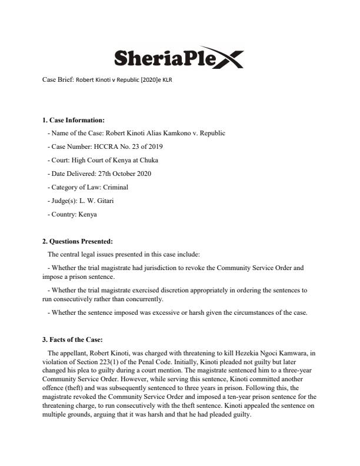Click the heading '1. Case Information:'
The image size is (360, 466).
pos(74,120)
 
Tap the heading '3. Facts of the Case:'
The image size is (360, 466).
pos(72,339)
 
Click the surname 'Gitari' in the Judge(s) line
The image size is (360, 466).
pos(106,201)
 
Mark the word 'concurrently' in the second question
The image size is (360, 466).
pos(142,299)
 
